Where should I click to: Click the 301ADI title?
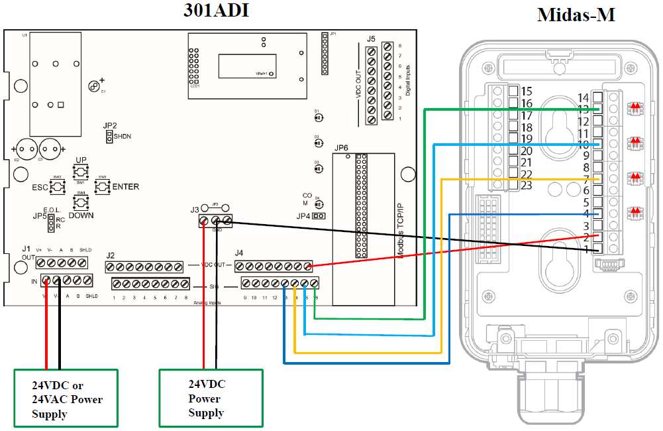[216, 11]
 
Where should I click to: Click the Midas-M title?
[576, 14]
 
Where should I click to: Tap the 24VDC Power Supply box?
[211, 398]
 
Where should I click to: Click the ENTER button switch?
[103, 187]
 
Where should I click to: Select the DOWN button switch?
[81, 202]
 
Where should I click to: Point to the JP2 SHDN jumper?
[109, 137]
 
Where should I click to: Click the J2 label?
[111, 255]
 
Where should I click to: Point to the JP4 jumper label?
[303, 216]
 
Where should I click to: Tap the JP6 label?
[342, 148]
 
